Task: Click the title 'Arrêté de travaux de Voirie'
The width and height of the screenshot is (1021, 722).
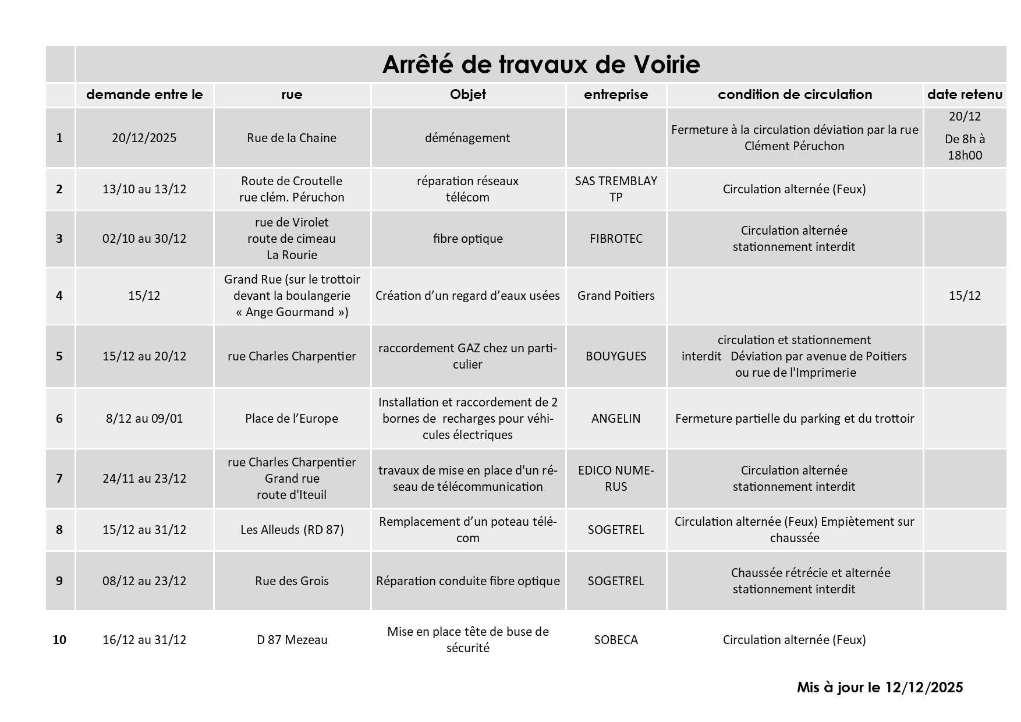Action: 541,64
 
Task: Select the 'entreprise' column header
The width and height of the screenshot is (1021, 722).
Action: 616,94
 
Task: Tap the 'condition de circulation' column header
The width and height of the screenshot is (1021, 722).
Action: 795,94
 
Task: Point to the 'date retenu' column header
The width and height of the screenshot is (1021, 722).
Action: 965,94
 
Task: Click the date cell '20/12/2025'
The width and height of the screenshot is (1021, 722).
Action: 144,138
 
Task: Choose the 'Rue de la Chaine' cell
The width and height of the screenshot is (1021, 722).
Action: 292,138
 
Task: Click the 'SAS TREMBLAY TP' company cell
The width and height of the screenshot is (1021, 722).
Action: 616,189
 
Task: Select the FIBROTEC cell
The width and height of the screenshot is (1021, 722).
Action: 616,239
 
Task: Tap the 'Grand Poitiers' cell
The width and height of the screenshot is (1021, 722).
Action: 616,296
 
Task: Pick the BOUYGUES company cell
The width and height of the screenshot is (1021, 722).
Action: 616,356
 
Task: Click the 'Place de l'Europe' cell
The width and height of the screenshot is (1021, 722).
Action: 292,419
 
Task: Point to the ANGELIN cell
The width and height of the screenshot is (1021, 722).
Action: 616,419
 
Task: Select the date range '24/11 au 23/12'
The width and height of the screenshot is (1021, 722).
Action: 144,479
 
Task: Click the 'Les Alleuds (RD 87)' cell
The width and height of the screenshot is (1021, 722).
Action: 292,530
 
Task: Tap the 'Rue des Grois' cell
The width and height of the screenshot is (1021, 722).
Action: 292,581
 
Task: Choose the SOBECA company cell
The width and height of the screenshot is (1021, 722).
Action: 616,640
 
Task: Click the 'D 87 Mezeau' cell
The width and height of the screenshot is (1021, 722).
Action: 292,640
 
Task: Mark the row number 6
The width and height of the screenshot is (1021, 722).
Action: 59,419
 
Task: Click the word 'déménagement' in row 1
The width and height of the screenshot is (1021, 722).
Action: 467,138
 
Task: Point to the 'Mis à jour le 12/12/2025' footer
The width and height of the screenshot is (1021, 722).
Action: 880,688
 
